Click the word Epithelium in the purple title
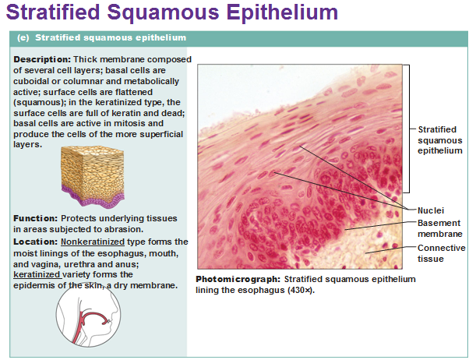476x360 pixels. coord(282,12)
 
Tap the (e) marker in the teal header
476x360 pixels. coord(23,37)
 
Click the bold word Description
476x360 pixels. coord(42,59)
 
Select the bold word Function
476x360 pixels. coord(35,218)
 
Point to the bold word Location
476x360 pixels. coord(35,242)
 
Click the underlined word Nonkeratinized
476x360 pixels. coord(93,242)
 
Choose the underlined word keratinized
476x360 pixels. coord(37,274)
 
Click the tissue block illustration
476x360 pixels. coord(93,177)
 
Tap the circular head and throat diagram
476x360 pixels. coord(88,315)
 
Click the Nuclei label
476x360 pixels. coord(431,210)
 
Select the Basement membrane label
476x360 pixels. coord(440,228)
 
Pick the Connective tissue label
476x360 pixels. coord(442,253)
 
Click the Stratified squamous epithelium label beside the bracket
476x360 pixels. coord(440,140)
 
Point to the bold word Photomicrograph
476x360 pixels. coord(238,279)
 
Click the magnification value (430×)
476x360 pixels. coord(300,290)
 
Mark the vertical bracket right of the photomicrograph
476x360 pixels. coord(408,129)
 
